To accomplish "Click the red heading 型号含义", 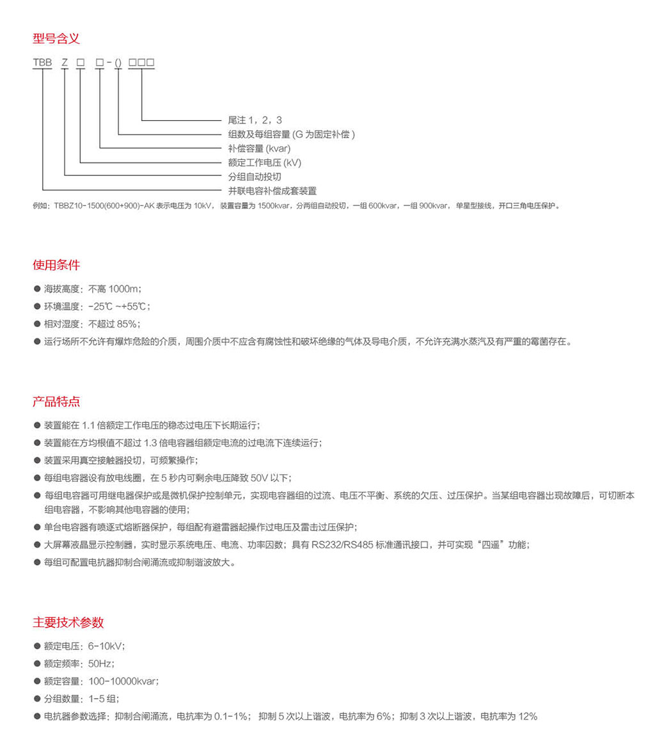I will [56, 38].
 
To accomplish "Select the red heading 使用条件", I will [56, 266].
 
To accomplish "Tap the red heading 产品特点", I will [56, 402].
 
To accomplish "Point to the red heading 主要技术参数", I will [68, 623].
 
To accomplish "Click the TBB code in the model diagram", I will [42, 63].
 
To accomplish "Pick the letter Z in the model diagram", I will [65, 63].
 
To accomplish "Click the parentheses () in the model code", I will [118, 63].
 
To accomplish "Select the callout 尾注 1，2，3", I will [255, 120].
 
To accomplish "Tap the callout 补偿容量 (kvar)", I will [259, 148].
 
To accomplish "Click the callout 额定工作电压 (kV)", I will [264, 163].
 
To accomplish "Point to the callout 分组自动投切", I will [255, 177].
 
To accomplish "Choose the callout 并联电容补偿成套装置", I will [272, 191].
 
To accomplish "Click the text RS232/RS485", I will [341, 545].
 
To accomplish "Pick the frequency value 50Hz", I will [100, 664].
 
